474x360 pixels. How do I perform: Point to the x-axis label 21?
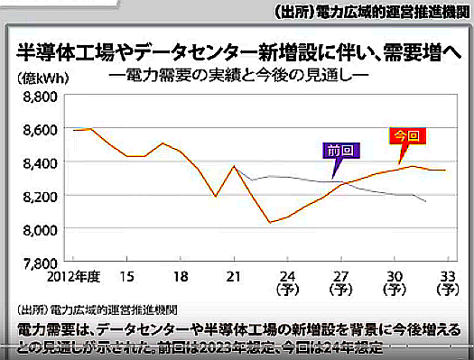tap(234, 275)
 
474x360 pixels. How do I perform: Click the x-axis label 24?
tap(287, 275)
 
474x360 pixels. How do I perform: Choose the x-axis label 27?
tap(339, 275)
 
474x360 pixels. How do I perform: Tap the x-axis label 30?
tap(393, 275)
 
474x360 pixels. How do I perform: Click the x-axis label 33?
tap(445, 275)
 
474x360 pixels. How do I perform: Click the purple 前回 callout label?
tap(340, 150)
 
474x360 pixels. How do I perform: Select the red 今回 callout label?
tap(407, 137)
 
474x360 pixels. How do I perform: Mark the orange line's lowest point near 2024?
tap(270, 222)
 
